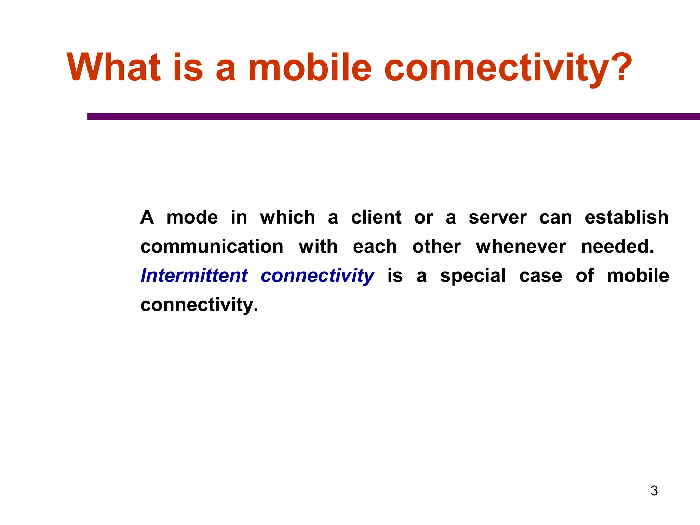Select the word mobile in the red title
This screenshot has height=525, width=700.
tap(309, 67)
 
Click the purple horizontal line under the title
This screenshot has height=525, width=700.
tap(393, 117)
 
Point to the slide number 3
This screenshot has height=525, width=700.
tap(654, 491)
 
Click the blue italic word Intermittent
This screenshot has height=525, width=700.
tap(194, 275)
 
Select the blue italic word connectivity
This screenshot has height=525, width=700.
tap(317, 276)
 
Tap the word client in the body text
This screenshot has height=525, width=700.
tap(376, 217)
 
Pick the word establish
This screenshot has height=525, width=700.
tap(627, 217)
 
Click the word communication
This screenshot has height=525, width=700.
tap(212, 246)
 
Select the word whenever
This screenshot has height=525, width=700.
tap(521, 246)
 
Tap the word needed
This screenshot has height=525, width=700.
tap(617, 246)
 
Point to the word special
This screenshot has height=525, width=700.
tap(473, 276)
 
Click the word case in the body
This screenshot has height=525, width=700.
tap(540, 276)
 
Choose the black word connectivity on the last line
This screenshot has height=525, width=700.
tap(199, 305)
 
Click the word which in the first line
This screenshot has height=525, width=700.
tap(287, 217)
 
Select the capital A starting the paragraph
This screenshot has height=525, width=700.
tap(147, 217)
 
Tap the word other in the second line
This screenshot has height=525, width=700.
tap(436, 246)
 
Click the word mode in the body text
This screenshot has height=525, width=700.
tap(192, 217)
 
